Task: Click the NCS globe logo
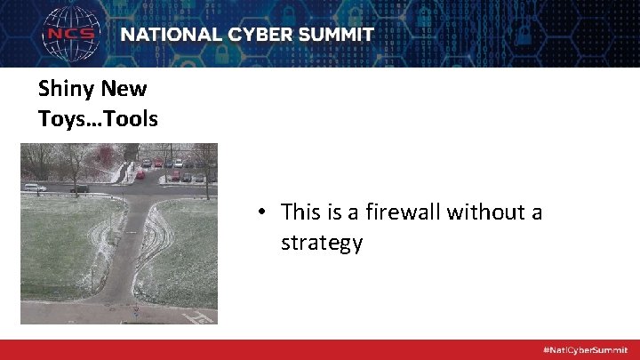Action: click(73, 35)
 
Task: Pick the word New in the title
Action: click(124, 89)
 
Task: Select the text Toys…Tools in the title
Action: click(98, 118)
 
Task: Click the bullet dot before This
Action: click(264, 213)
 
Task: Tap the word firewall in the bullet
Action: click(405, 212)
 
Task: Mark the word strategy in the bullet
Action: click(322, 243)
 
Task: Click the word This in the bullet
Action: click(300, 212)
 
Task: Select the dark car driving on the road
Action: click(79, 188)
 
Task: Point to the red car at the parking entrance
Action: click(140, 175)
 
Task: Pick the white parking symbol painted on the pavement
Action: click(201, 316)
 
